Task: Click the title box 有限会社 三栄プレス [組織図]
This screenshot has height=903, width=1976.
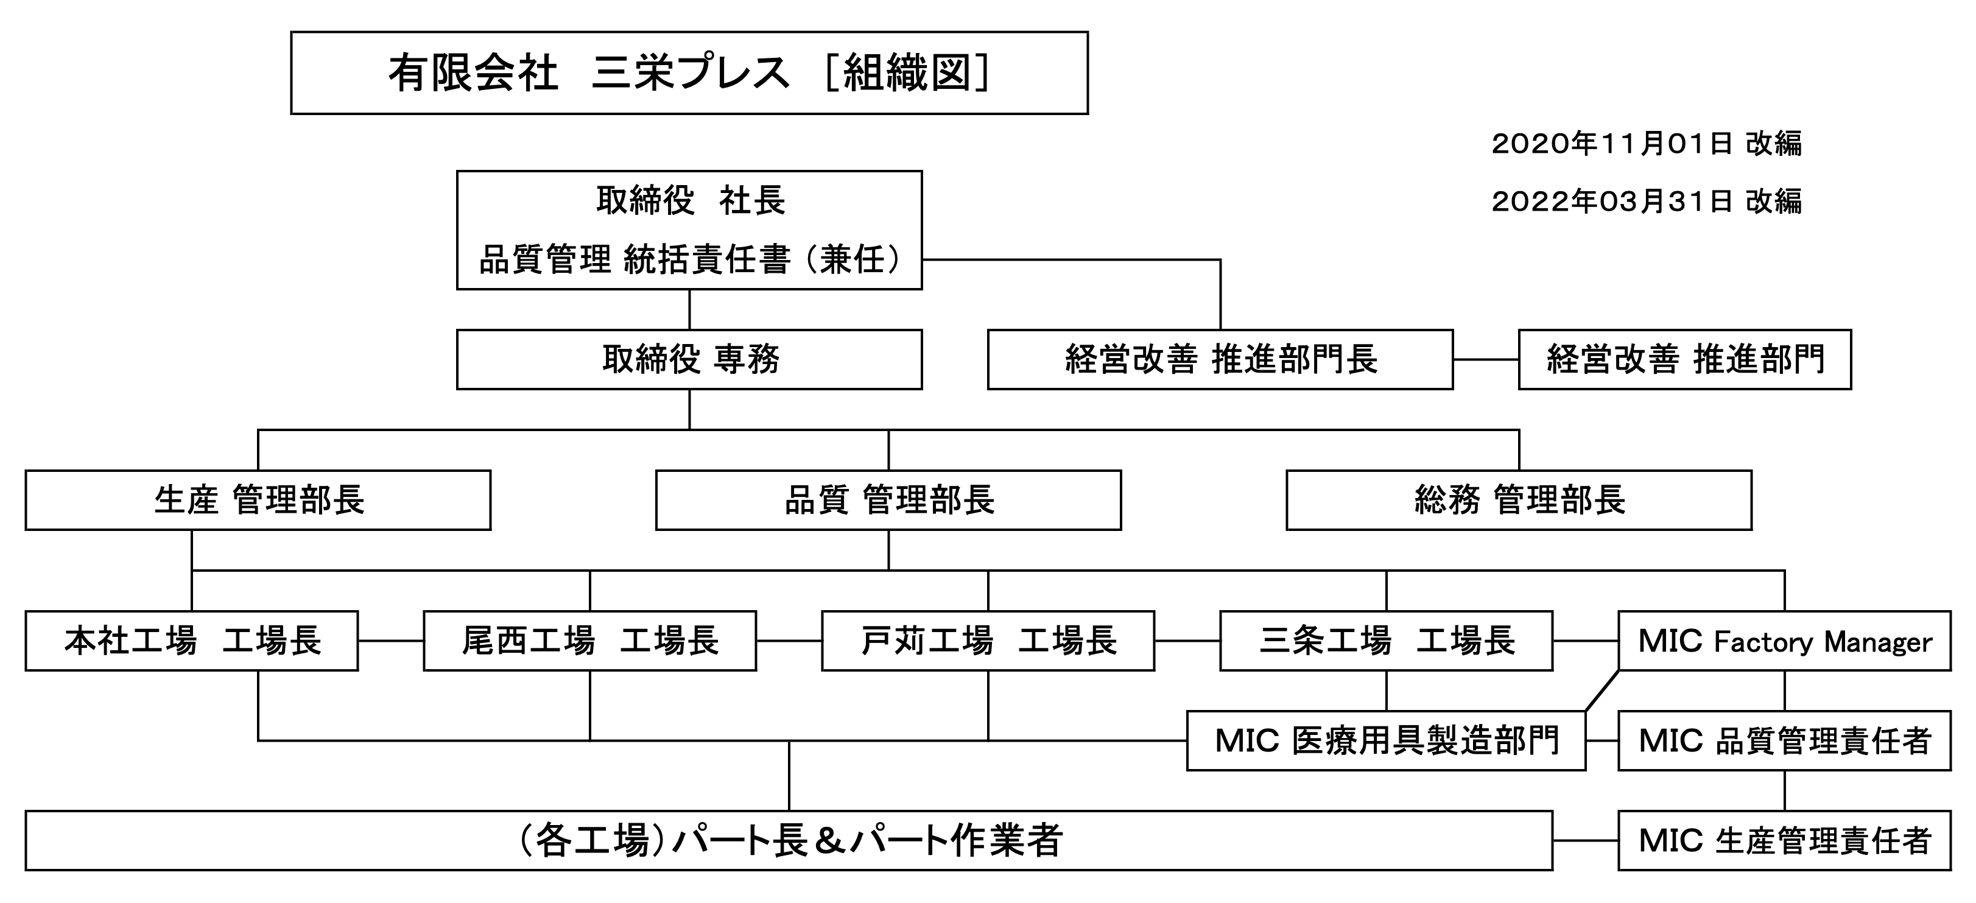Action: tap(688, 73)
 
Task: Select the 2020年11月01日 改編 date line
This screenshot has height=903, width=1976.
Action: tap(1645, 144)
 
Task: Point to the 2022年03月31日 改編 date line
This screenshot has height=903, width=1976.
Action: tap(1645, 201)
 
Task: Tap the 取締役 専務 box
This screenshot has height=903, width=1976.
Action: tap(688, 359)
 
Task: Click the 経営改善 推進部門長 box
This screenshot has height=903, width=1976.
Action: tap(1220, 359)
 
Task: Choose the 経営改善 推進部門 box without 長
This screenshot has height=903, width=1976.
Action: tap(1684, 359)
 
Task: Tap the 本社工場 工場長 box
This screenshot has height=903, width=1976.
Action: tap(191, 641)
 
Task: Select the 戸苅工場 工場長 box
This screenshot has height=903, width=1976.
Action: tap(987, 641)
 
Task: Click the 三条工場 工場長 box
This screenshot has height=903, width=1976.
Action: tap(1385, 641)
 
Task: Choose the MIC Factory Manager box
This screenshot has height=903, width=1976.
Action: tap(1784, 641)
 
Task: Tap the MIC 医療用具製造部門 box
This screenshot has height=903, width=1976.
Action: tap(1385, 740)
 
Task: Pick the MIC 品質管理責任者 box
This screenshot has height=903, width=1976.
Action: tap(1784, 740)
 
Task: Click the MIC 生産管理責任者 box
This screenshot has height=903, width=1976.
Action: tap(1784, 840)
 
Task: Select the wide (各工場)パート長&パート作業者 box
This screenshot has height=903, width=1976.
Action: tap(789, 840)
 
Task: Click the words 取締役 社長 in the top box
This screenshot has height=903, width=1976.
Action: tap(689, 201)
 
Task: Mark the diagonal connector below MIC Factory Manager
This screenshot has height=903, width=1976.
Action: tap(1602, 691)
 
